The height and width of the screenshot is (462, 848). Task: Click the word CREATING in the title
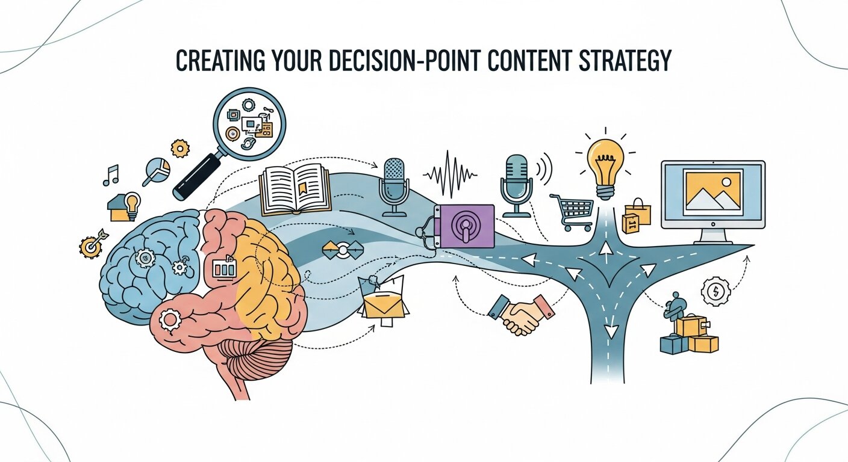point(211,61)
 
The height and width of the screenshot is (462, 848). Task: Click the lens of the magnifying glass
point(250,126)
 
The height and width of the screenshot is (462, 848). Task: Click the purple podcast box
point(465,226)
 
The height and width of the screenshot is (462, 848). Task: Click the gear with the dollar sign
point(715,292)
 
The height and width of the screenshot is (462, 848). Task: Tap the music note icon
point(111,174)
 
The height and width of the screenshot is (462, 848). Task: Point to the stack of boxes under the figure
point(690,337)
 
